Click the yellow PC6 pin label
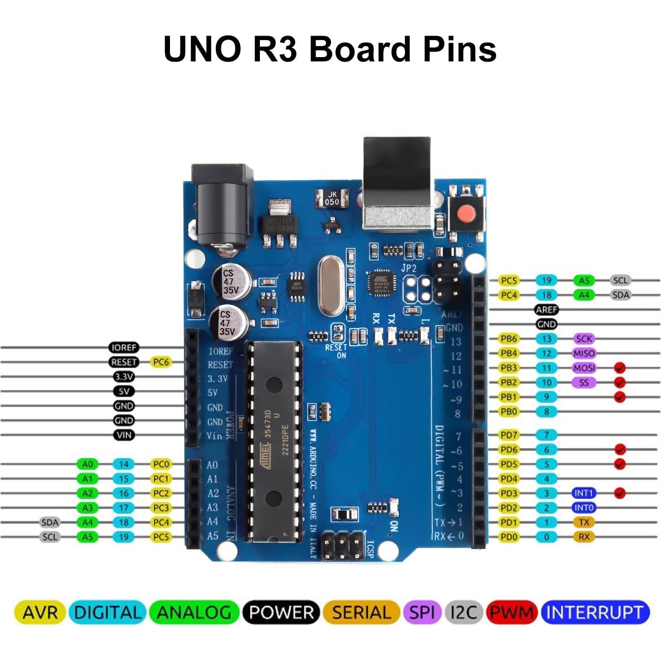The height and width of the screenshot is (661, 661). click(161, 362)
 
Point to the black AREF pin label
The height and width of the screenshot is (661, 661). click(546, 309)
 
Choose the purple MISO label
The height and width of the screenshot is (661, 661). click(584, 353)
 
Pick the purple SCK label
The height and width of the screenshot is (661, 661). click(584, 339)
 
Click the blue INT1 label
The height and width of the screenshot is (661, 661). click(584, 493)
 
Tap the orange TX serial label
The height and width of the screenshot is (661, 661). click(584, 522)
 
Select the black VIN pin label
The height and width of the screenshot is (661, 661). click(124, 435)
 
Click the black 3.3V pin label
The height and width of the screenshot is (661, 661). click(124, 377)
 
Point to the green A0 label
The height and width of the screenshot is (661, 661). click(87, 464)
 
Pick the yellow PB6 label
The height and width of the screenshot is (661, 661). click(509, 339)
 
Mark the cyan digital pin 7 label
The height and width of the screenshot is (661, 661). click(546, 435)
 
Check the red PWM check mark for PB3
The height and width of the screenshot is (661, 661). click(620, 368)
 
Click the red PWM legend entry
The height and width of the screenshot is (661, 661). click(512, 612)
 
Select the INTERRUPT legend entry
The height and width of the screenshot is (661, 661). click(595, 612)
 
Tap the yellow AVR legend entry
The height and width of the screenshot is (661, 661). click(40, 612)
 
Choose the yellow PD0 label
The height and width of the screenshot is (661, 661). click(509, 537)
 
